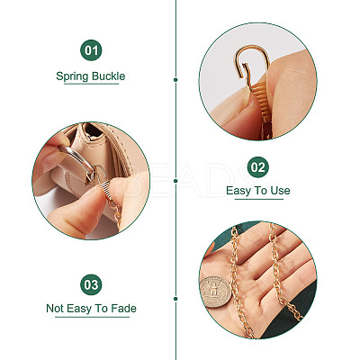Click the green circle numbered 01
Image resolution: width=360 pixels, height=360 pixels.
pyautogui.click(x=91, y=50)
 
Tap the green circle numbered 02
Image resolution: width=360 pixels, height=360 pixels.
pyautogui.click(x=258, y=167)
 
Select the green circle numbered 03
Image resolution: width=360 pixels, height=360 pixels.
pyautogui.click(x=91, y=284)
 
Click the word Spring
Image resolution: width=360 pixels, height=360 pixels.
pyautogui.click(x=73, y=76)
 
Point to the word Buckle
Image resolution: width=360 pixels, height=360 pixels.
pyautogui.click(x=109, y=76)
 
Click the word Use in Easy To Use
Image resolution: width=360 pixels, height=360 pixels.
pyautogui.click(x=280, y=191)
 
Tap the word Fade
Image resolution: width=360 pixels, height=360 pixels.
pyautogui.click(x=123, y=308)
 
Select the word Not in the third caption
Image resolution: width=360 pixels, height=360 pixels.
pyautogui.click(x=55, y=308)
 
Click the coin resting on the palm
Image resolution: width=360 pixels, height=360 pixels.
pyautogui.click(x=216, y=292)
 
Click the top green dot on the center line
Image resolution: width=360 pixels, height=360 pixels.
pyautogui.click(x=175, y=80)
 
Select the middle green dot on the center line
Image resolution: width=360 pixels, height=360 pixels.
pyautogui.click(x=175, y=181)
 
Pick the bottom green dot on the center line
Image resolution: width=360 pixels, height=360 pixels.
pyautogui.click(x=175, y=299)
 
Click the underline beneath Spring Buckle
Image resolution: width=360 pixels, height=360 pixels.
pyautogui.click(x=91, y=84)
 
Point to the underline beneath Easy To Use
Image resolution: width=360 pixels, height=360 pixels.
pyautogui.click(x=259, y=199)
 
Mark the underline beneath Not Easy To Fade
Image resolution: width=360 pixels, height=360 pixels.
pyautogui.click(x=92, y=317)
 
